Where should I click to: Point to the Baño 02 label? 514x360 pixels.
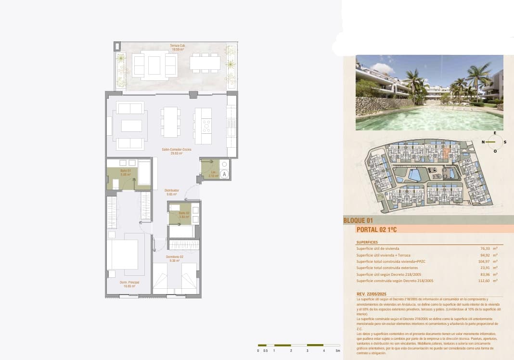(x=184, y=215)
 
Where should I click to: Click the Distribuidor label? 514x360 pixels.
(x=172, y=192)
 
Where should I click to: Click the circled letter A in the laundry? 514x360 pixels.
(x=224, y=174)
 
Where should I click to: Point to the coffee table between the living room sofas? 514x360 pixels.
(x=131, y=126)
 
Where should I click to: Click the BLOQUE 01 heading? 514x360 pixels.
(x=358, y=221)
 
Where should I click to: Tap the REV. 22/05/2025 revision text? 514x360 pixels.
(x=372, y=294)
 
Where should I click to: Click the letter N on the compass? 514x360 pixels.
(x=483, y=142)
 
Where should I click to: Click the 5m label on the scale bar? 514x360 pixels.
(x=338, y=351)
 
